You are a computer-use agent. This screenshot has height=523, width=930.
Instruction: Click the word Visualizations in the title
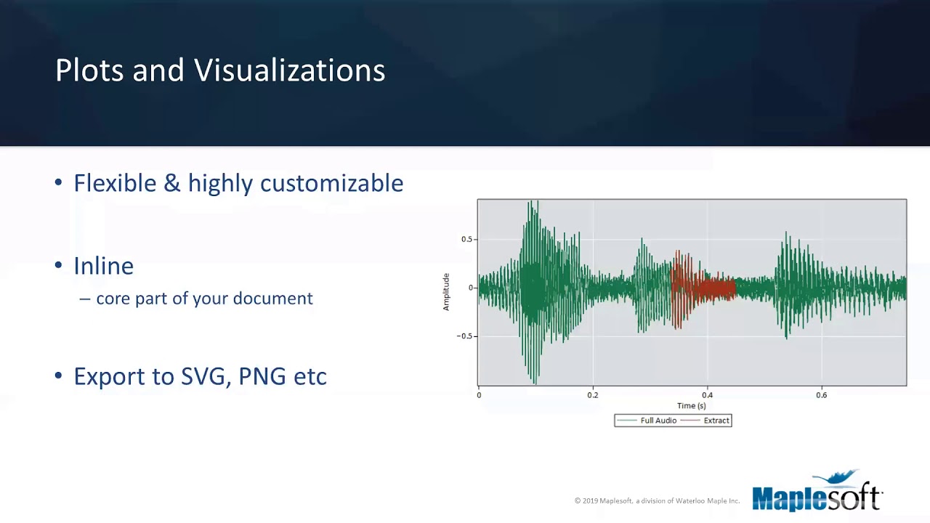(290, 70)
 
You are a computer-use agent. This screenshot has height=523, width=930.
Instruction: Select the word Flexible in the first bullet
(116, 183)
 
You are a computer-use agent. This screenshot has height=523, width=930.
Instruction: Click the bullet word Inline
(103, 266)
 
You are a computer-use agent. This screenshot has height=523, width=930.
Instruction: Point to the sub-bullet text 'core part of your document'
(204, 299)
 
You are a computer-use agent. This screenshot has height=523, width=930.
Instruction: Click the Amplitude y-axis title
(446, 292)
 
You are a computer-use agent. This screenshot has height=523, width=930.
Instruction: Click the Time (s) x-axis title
(691, 406)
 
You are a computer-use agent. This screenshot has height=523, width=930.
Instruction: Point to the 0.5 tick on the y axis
(466, 240)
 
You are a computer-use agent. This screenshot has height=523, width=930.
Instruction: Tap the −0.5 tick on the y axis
(464, 336)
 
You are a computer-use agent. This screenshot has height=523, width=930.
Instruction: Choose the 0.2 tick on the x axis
(593, 395)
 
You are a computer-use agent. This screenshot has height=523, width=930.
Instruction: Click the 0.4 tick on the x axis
(707, 395)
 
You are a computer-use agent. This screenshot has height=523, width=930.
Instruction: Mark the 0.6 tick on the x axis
(821, 395)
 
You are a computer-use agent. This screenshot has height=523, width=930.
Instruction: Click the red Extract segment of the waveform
(701, 288)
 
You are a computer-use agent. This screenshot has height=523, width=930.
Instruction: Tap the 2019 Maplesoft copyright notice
(657, 501)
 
